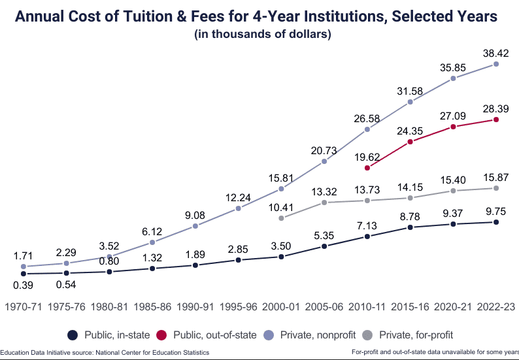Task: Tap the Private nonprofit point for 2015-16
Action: point(410,102)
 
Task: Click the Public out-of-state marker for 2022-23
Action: point(496,120)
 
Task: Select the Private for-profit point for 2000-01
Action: point(281,218)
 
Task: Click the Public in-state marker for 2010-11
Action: point(367,236)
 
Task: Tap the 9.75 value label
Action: point(495,211)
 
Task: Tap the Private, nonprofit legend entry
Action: point(311,335)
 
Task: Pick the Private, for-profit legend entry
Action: point(409,335)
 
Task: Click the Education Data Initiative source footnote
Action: point(105,352)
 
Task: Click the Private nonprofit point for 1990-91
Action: point(195,226)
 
